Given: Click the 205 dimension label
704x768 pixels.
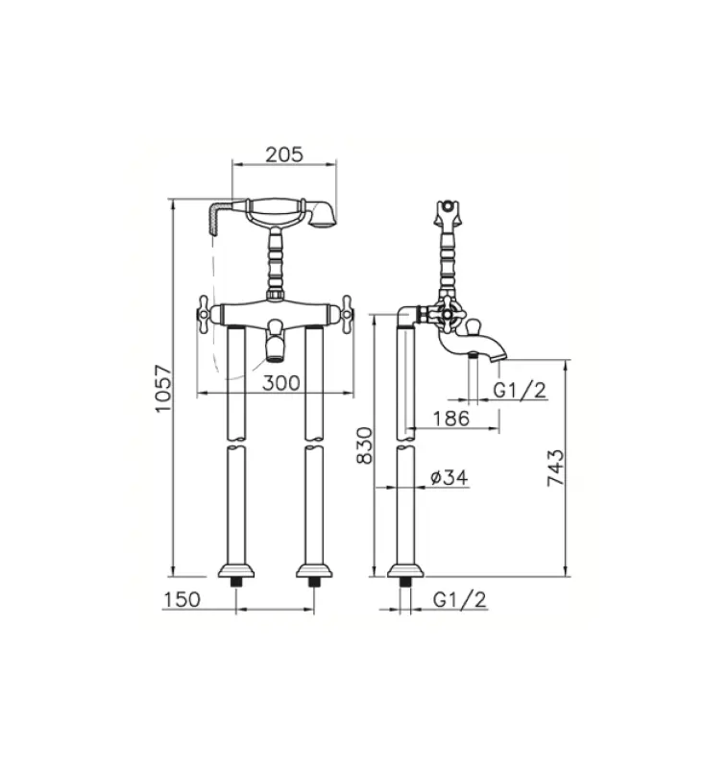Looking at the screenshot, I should pyautogui.click(x=284, y=154).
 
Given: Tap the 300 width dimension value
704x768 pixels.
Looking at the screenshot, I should pyautogui.click(x=280, y=382).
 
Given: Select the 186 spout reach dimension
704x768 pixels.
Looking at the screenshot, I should pyautogui.click(x=449, y=418).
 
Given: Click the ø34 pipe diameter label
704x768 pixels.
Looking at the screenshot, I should pyautogui.click(x=448, y=477).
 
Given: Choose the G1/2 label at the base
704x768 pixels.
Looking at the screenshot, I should pyautogui.click(x=459, y=599).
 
